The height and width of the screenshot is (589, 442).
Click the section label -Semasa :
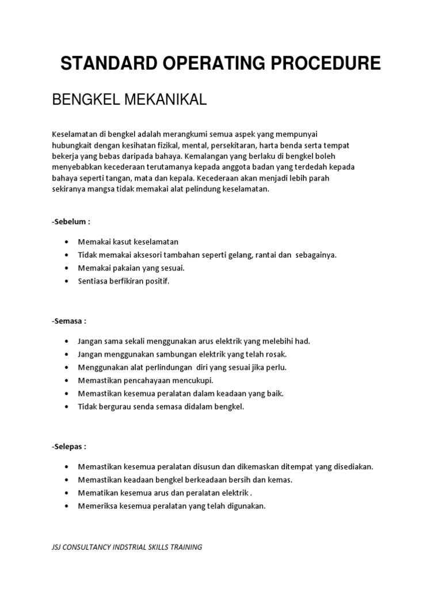pos(70,321)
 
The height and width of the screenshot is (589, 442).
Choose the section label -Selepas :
pos(70,446)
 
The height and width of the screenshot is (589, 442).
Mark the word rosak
pos(275,354)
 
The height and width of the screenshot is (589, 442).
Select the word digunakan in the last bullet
pos(246,506)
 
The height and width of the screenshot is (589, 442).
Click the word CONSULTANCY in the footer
pos(93,547)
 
